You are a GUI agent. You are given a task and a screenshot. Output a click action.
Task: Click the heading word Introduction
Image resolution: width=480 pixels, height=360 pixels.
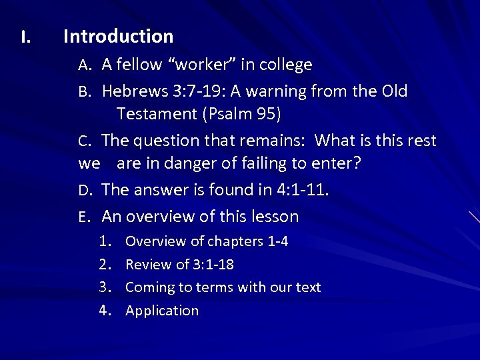click(118, 36)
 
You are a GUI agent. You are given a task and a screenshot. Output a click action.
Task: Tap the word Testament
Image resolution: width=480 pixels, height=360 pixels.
click(156, 114)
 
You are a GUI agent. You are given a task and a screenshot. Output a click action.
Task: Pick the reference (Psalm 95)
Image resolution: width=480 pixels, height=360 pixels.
click(241, 114)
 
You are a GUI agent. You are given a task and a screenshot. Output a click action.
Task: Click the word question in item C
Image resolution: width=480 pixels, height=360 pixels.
click(169, 141)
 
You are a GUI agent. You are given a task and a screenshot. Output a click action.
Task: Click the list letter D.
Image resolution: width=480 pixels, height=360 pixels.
click(84, 191)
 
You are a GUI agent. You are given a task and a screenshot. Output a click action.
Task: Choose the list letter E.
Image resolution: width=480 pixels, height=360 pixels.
click(83, 217)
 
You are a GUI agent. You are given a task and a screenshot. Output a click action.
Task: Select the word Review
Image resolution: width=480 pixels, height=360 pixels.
click(148, 265)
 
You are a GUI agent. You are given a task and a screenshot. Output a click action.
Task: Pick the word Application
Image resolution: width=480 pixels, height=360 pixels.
click(162, 311)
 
